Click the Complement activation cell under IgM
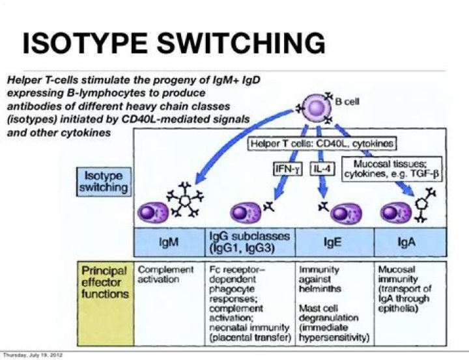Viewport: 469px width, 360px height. coord(166,274)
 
